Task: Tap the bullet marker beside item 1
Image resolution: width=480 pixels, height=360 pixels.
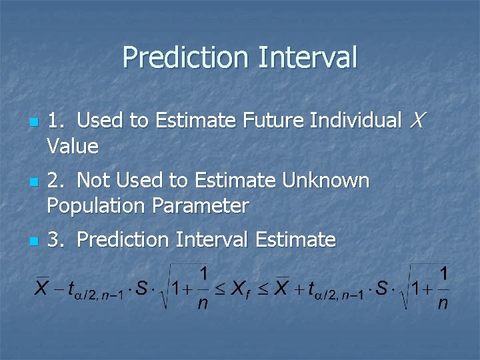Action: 32,123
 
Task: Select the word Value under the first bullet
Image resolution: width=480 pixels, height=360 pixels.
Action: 73,146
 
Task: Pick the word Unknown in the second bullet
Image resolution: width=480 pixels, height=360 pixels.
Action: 326,181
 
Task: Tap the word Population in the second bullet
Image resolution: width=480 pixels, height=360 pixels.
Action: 95,206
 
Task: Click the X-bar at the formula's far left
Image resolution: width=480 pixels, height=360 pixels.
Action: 42,289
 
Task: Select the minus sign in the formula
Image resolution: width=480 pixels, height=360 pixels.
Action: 60,289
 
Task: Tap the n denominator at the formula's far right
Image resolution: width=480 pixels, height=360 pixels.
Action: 443,305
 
